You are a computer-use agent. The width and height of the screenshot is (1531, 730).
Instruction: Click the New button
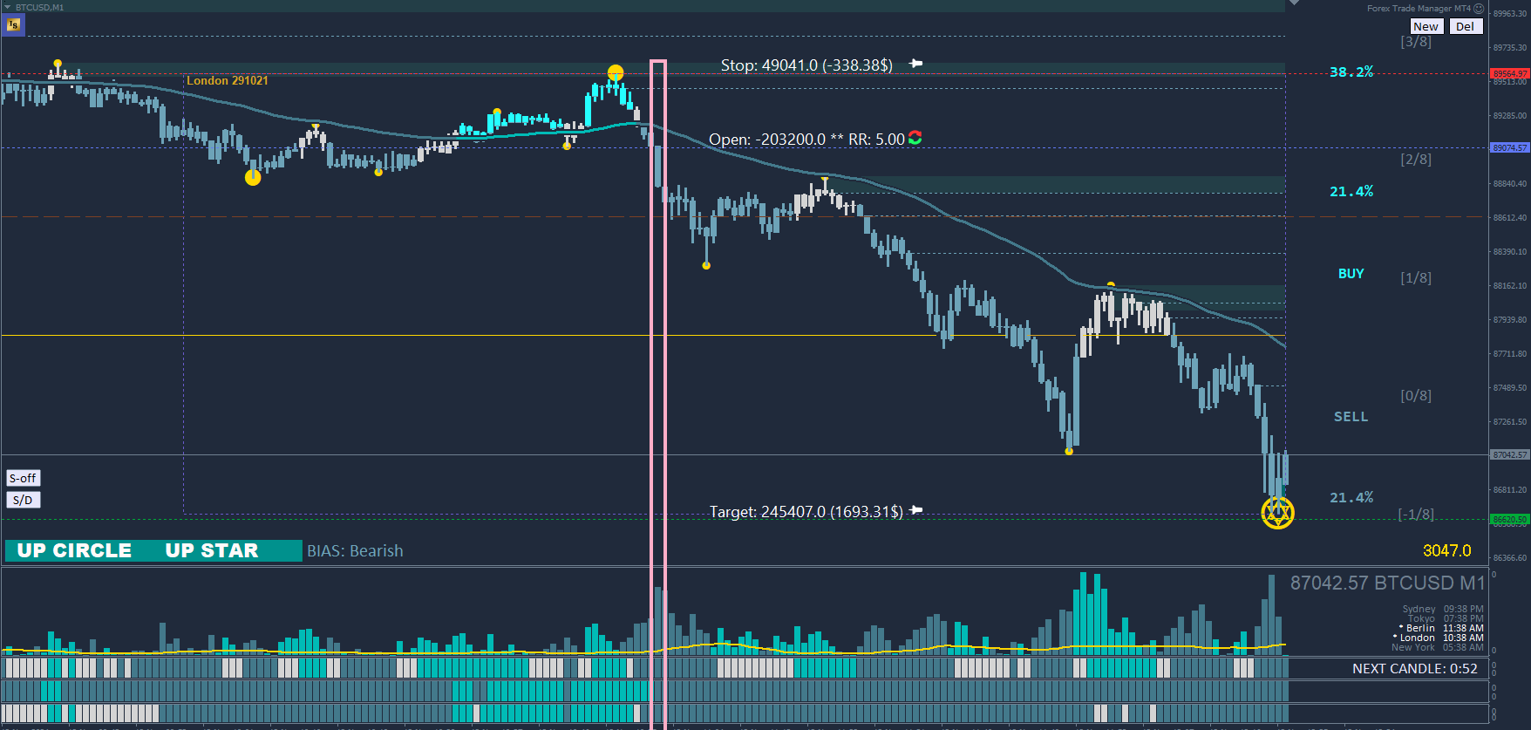point(1426,26)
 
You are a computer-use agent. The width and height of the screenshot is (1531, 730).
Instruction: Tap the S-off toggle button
point(23,478)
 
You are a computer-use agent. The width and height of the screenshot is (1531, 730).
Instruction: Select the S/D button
point(23,500)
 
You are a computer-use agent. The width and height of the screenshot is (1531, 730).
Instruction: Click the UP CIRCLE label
point(74,550)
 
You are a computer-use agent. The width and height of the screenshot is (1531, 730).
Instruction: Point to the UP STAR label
point(212,550)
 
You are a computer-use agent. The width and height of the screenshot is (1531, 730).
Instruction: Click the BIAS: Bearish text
point(355,550)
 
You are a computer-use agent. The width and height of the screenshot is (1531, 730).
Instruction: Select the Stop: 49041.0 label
point(806,65)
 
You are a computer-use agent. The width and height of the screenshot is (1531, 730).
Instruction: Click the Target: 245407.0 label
point(806,512)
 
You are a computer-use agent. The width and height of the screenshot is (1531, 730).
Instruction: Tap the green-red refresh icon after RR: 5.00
point(915,138)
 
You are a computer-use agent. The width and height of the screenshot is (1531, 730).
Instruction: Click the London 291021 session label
point(227,80)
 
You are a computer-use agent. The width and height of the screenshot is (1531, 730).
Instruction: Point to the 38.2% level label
point(1351,72)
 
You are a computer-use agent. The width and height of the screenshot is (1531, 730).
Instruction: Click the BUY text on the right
point(1351,274)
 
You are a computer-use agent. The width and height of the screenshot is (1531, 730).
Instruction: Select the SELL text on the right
point(1351,417)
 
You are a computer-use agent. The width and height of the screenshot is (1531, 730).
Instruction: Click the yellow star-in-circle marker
point(1277,513)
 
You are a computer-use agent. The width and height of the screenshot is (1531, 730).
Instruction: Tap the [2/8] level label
point(1415,160)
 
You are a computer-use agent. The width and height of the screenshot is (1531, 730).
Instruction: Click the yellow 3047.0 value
point(1446,550)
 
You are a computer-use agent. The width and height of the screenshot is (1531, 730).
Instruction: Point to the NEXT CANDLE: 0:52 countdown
point(1414,669)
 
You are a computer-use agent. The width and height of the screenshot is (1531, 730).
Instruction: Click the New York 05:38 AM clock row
point(1437,648)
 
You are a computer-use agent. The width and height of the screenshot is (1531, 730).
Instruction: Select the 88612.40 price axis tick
point(1510,217)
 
